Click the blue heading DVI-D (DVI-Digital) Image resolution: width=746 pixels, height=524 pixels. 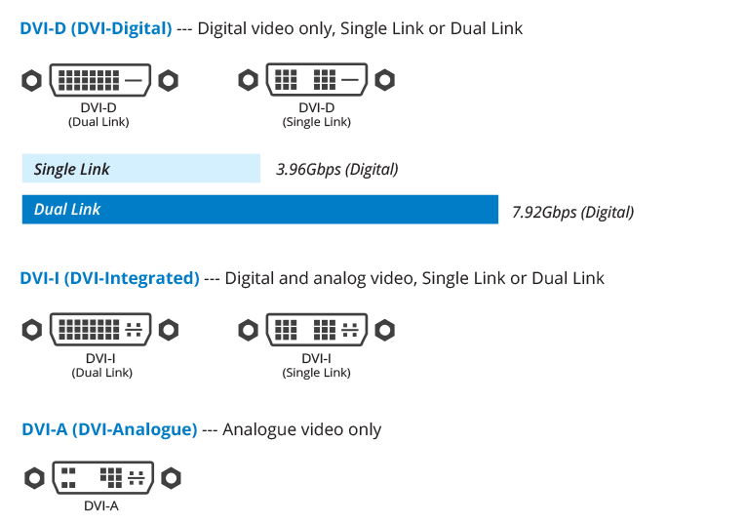coord(96,28)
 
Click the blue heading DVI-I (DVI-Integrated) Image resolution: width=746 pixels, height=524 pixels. coord(109,278)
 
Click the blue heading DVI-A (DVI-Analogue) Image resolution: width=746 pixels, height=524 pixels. coord(109,429)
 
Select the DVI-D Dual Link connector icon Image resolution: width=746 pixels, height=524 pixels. coord(101,79)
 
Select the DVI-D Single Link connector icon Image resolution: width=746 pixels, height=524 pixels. coord(317,79)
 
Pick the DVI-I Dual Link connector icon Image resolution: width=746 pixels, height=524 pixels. coord(101,329)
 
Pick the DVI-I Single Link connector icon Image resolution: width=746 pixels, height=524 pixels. coord(317,329)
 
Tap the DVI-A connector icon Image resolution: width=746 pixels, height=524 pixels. coord(102,478)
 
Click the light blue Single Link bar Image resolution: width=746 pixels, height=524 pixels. coord(140,169)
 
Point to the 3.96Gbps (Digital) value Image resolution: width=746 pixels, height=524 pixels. coord(337,169)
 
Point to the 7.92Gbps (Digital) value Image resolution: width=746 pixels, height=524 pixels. coord(572,212)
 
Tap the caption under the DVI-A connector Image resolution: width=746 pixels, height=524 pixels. coord(101,505)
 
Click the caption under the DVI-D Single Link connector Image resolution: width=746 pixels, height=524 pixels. coord(317,114)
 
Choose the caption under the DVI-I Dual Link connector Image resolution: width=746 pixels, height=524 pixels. coord(101,365)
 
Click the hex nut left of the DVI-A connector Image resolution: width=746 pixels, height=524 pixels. coord(34,478)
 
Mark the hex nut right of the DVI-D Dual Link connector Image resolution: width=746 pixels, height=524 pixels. coord(170,79)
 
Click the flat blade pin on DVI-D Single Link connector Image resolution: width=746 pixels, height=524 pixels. coord(352,79)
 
